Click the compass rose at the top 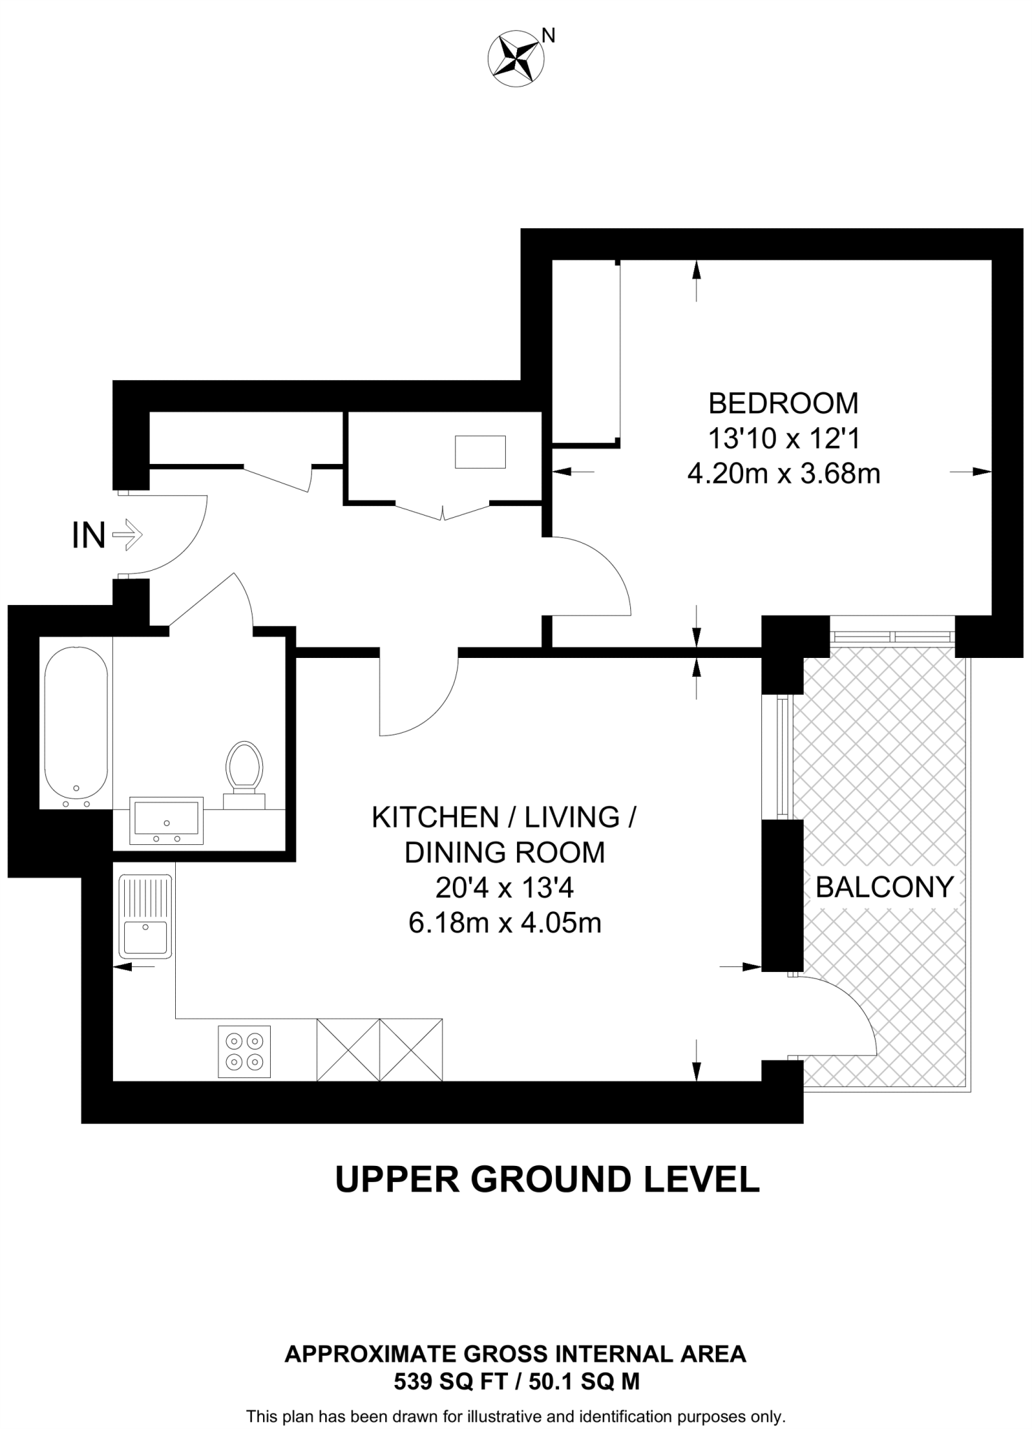[516, 60]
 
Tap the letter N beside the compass [549, 36]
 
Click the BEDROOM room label [784, 403]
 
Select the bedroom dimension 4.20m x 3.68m [784, 474]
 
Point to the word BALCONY [884, 888]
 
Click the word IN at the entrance [89, 536]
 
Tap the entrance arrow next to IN [128, 536]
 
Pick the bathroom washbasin [167, 821]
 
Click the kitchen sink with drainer [146, 917]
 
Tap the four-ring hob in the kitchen [244, 1052]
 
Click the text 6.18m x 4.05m [504, 924]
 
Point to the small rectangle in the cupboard [480, 451]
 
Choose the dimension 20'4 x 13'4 [504, 888]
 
